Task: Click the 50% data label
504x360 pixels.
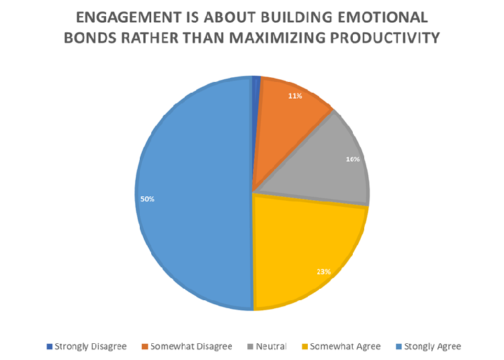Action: coord(147,199)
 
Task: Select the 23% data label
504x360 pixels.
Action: coord(323,272)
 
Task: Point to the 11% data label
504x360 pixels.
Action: coord(295,96)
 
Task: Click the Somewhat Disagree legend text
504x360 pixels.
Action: coord(192,347)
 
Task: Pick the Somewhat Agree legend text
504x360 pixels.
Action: coord(345,347)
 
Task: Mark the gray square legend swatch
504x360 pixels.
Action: coord(249,347)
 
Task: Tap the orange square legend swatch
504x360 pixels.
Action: coord(144,347)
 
